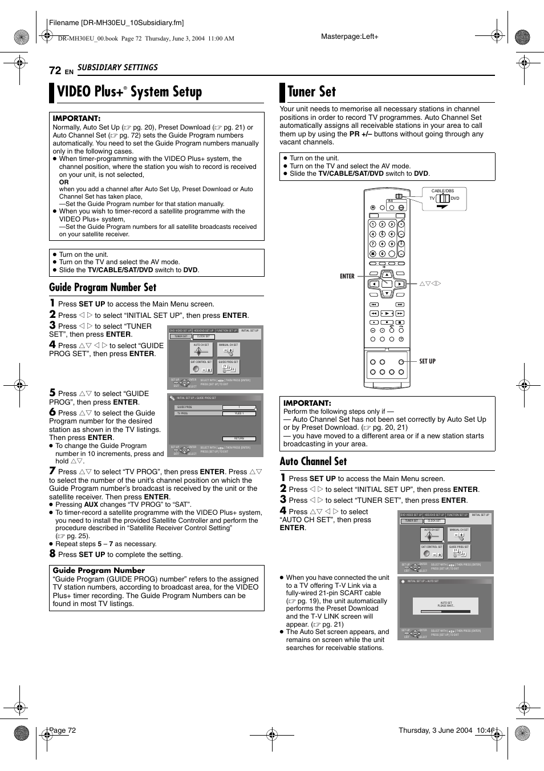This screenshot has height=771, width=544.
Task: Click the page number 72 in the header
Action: [55, 70]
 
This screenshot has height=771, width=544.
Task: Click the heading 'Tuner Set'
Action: [311, 92]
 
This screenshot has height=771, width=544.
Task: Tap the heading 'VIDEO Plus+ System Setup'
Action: [129, 92]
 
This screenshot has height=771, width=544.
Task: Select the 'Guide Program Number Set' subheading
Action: [103, 288]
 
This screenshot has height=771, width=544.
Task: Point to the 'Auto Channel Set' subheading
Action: [313, 462]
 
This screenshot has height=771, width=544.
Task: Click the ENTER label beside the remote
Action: [347, 276]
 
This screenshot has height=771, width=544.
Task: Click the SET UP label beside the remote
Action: [427, 361]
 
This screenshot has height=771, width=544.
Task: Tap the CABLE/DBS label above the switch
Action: [442, 191]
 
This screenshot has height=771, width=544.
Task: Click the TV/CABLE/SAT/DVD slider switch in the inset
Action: [442, 199]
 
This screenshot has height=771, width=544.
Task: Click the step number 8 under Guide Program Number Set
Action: [52, 554]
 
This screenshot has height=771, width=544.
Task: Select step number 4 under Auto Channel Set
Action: [283, 511]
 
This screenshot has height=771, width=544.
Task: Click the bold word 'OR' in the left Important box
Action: [64, 182]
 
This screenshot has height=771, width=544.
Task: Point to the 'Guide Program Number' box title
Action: [99, 570]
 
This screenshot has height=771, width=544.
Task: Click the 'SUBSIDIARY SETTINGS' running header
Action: [117, 67]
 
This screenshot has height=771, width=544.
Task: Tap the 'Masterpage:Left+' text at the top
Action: [350, 37]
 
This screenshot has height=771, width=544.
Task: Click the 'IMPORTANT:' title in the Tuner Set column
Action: [307, 403]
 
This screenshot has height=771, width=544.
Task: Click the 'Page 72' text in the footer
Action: [63, 730]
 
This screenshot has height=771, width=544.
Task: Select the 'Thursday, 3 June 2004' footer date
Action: [435, 730]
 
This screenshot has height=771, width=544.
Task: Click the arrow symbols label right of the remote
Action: [430, 284]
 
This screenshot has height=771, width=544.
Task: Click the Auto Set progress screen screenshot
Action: [445, 608]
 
